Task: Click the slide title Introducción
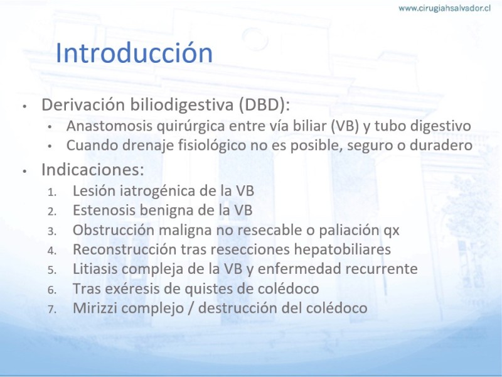pyautogui.click(x=134, y=53)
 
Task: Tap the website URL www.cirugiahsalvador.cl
pyautogui.click(x=444, y=8)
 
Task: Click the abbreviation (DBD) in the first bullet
pyautogui.click(x=264, y=104)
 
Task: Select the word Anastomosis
pyautogui.click(x=109, y=126)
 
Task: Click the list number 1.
pyautogui.click(x=52, y=192)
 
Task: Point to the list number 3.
pyautogui.click(x=52, y=231)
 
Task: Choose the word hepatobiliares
pyautogui.click(x=342, y=249)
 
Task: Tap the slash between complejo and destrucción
pyautogui.click(x=191, y=309)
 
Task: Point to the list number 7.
pyautogui.click(x=52, y=309)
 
